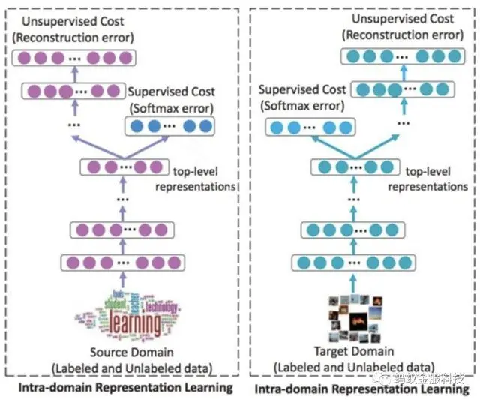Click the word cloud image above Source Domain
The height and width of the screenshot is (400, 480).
coord(124,314)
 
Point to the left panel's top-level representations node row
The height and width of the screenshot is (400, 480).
coord(122,166)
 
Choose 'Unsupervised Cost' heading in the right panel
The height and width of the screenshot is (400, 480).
coord(406,19)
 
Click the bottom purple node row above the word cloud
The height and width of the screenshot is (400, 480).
coord(122,263)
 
